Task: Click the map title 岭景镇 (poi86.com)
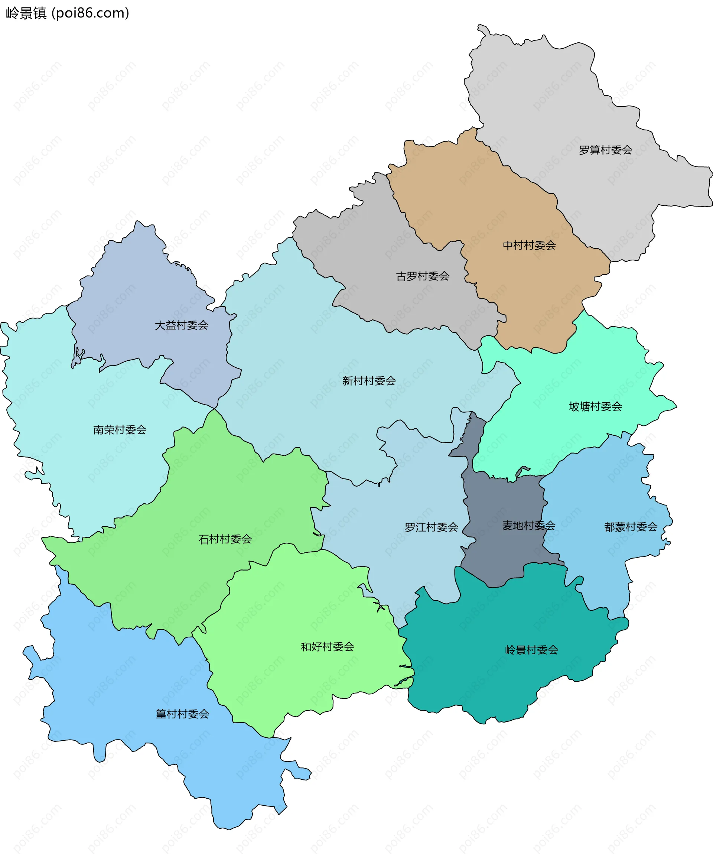68,13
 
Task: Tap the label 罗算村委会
605,150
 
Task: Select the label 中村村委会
529,245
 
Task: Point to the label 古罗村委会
423,276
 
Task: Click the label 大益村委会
181,325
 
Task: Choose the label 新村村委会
369,381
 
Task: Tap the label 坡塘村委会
595,406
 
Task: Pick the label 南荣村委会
120,430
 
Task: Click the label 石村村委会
225,539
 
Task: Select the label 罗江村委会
431,527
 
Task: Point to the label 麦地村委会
528,525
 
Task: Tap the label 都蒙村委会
631,527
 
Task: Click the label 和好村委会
327,647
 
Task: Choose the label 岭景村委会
531,650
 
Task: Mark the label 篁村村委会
182,714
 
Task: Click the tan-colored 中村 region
488,203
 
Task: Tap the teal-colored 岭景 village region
508,683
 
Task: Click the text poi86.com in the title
90,13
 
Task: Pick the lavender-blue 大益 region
138,285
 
